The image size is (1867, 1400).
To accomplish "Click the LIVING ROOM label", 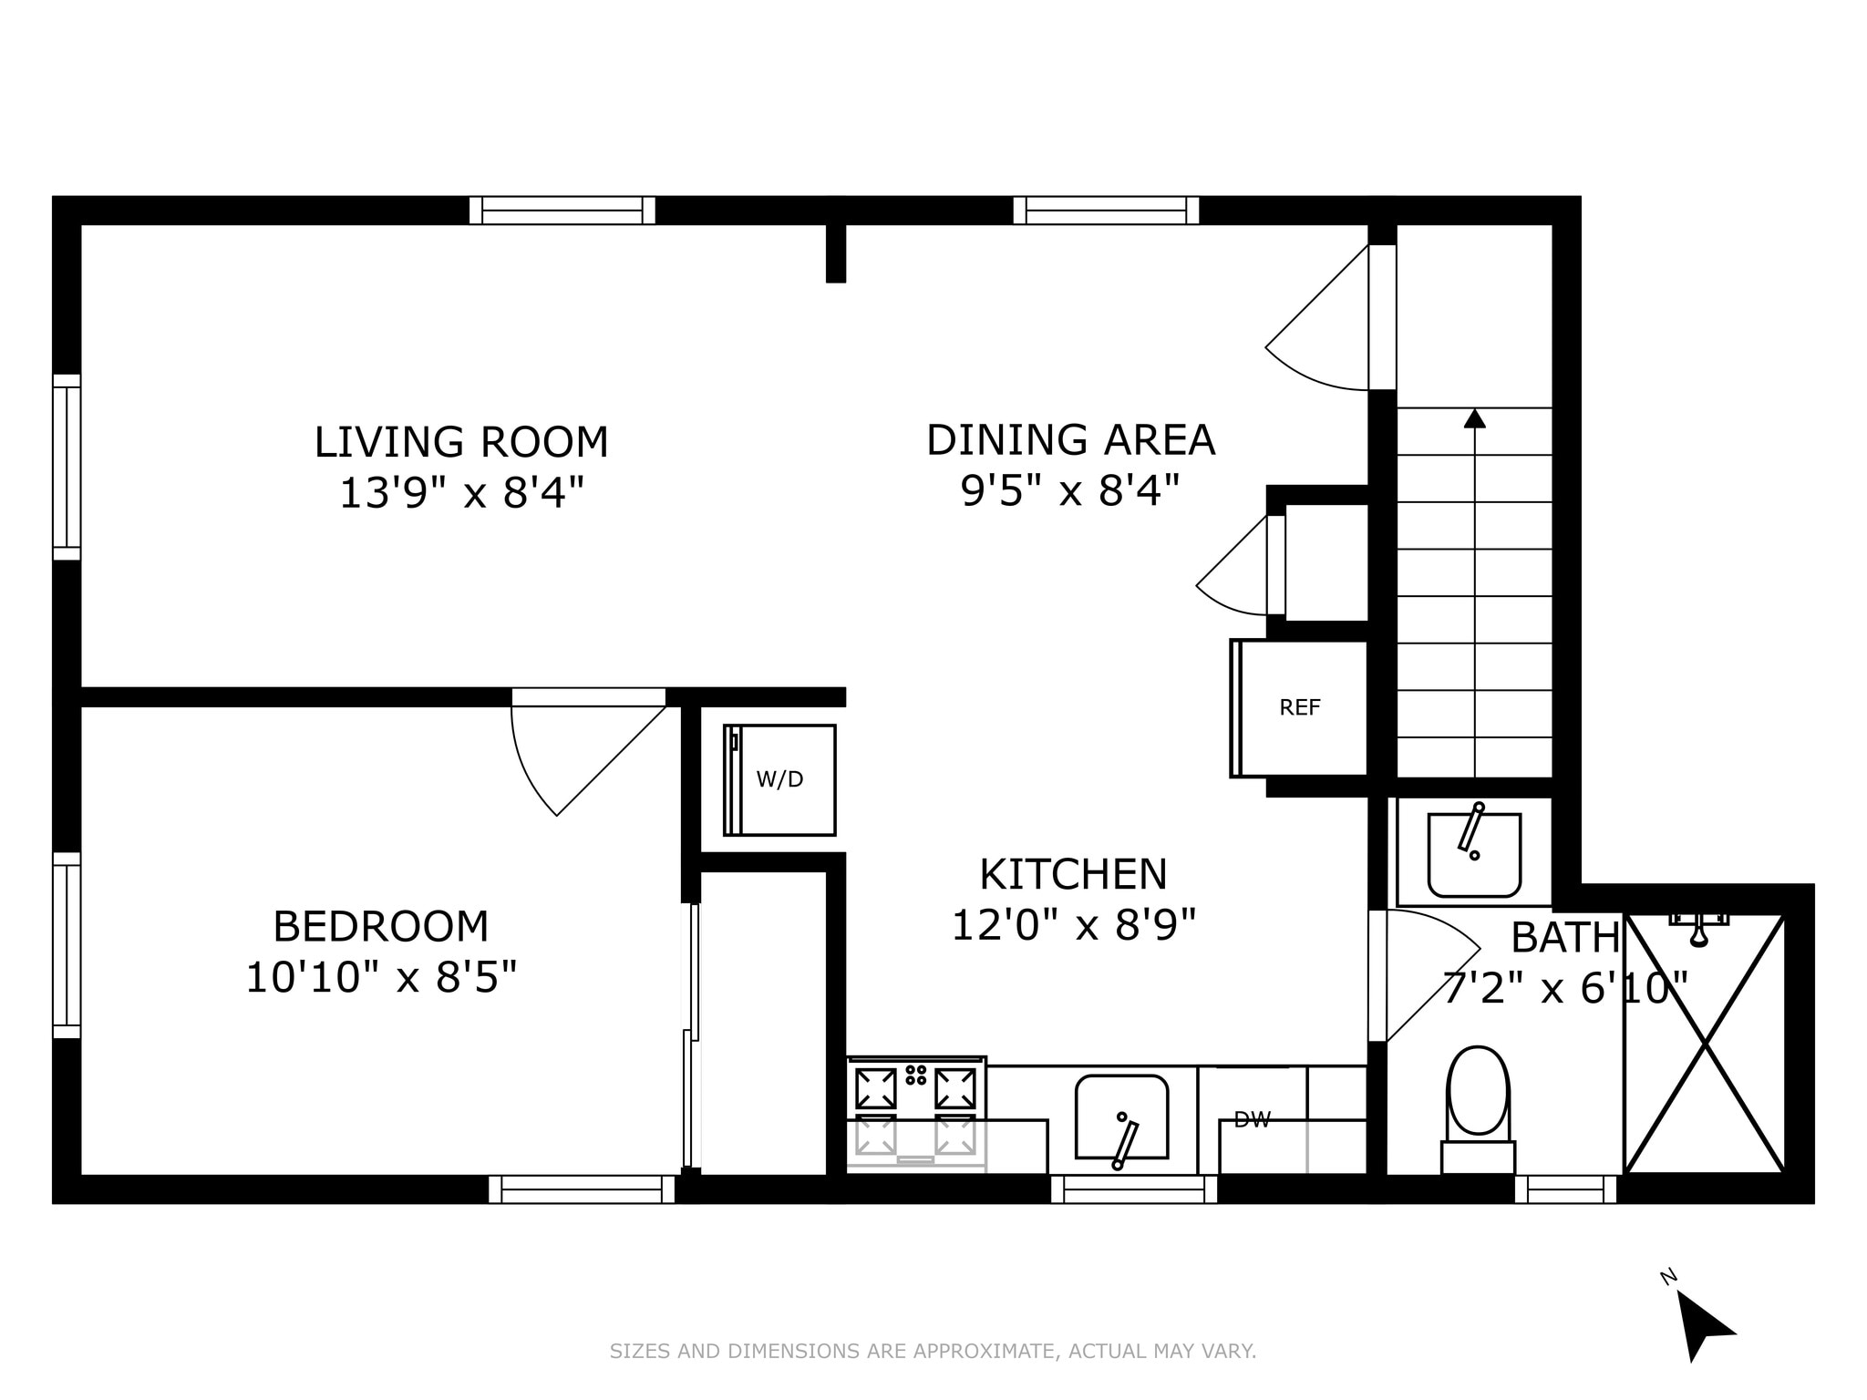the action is [461, 443].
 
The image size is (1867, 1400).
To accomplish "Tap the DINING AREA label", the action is [1071, 440].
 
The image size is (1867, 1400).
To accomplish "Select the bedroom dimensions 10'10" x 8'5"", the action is [381, 979].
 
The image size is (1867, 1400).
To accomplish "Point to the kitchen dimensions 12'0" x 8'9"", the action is [1073, 926].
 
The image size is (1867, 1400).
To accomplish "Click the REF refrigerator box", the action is [1299, 708].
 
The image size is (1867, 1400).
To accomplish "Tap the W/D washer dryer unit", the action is [779, 780].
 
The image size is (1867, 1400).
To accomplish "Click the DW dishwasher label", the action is [1252, 1120].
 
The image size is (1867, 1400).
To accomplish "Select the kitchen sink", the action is [1121, 1117].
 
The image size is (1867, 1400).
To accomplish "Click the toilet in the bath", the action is [1478, 1110].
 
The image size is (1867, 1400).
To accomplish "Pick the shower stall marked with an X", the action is [1704, 1044].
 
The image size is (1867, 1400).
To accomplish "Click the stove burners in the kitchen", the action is [916, 1111].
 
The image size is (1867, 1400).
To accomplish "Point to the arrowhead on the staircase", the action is [1474, 417].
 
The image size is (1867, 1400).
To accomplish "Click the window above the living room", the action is [562, 211].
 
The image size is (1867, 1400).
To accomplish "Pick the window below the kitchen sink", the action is [1134, 1189].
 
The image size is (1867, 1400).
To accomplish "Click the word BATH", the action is [1565, 937].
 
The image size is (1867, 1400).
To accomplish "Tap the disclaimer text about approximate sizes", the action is [933, 1351].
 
